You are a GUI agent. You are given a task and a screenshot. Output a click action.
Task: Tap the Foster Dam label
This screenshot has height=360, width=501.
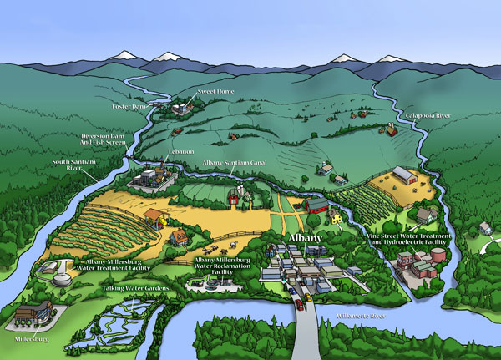coord(129,107)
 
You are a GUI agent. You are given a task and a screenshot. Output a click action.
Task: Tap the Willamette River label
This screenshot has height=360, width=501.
coord(362,317)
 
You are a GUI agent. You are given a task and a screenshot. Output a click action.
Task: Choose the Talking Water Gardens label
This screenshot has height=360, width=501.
coord(136,287)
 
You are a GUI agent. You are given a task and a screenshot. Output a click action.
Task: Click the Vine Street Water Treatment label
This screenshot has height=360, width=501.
coord(410,241)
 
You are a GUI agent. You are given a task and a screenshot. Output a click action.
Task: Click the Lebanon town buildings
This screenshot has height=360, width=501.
coord(148,176)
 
